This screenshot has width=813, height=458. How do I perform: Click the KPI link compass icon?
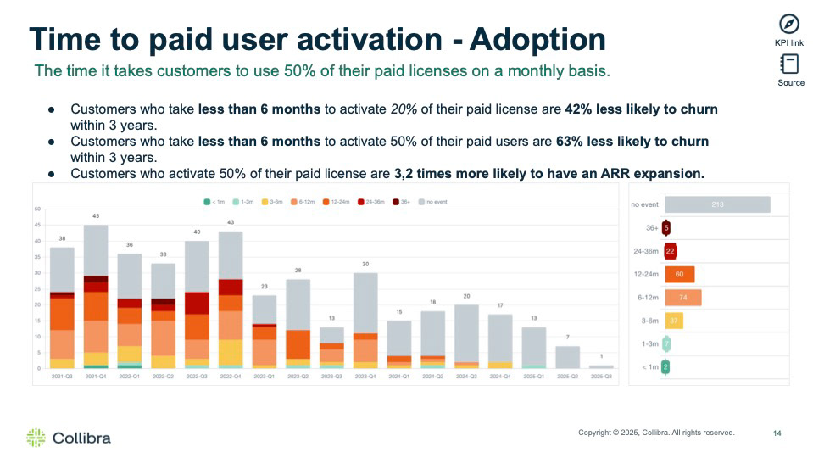[x=790, y=24]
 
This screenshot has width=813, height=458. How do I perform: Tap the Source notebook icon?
[x=790, y=64]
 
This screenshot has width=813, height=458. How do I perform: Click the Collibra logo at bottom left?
[x=69, y=438]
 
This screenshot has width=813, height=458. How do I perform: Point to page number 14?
[x=777, y=433]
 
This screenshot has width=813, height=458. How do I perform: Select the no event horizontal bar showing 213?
[x=717, y=204]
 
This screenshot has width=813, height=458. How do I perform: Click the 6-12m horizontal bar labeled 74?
[x=682, y=298]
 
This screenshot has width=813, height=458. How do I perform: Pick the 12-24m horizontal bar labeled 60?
[x=679, y=274]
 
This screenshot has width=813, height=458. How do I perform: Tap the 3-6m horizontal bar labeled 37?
[x=674, y=321]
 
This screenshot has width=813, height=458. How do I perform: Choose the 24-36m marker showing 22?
[x=670, y=251]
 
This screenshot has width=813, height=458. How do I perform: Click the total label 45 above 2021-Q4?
[x=96, y=216]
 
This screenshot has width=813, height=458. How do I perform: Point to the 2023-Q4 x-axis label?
[x=365, y=375]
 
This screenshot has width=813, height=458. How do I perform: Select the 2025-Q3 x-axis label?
[x=601, y=375]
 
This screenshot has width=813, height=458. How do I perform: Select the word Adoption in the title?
[x=537, y=40]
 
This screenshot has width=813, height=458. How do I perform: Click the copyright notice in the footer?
[x=656, y=433]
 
